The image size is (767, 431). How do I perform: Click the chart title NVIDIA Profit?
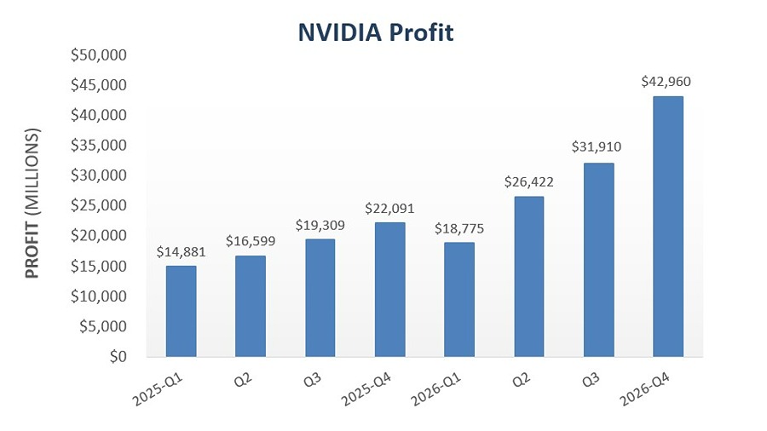tap(376, 32)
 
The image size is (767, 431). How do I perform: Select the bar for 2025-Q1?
tap(181, 311)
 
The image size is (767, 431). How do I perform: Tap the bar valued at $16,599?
tap(251, 306)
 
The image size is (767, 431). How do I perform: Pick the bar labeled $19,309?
tap(320, 297)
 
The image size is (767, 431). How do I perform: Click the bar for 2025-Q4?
tap(389, 290)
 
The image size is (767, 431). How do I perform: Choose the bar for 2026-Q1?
tap(459, 299)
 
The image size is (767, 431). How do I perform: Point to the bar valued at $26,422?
tap(528, 276)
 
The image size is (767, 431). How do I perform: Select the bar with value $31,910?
tap(598, 260)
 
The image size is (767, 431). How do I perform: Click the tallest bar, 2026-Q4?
tap(667, 226)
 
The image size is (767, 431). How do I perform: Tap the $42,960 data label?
tap(666, 83)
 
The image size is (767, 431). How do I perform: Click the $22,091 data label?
tap(389, 209)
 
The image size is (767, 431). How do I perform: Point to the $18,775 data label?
tap(459, 228)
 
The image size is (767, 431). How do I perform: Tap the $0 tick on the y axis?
tap(116, 356)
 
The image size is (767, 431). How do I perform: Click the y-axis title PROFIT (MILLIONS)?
tap(32, 204)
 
